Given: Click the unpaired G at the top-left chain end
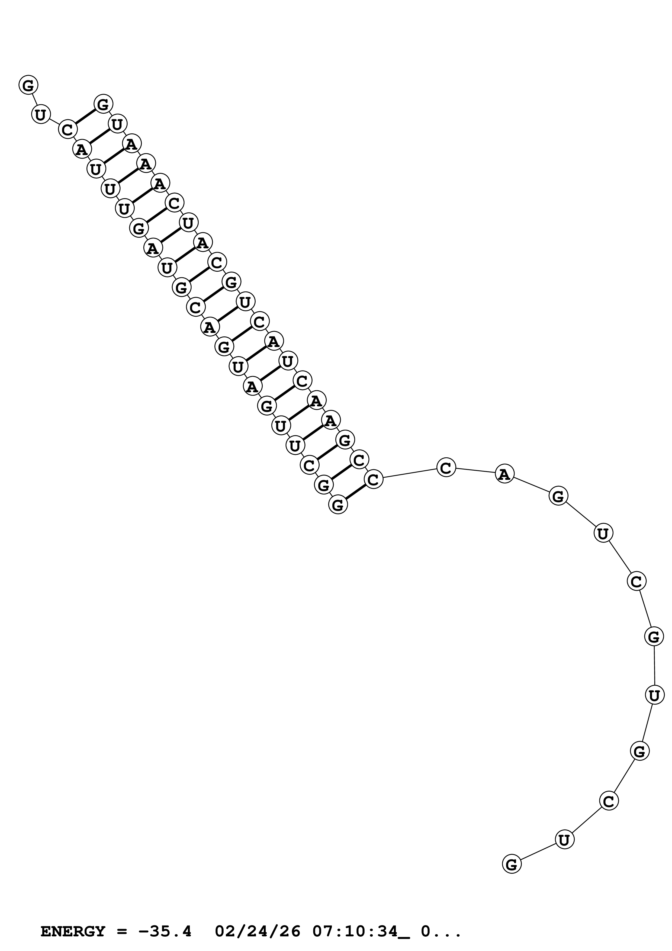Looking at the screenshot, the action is tap(28, 85).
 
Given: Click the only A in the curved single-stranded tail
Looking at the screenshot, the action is tap(504, 474).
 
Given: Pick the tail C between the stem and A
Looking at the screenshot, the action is tap(446, 468).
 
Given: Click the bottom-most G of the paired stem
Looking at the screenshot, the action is tap(338, 505).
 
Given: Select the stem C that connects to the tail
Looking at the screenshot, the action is tap(373, 480).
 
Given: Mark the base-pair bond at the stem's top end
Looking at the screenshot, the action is tap(85, 116).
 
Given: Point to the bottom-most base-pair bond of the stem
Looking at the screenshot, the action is tap(356, 492).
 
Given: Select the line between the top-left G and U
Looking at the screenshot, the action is tap(34, 99).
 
